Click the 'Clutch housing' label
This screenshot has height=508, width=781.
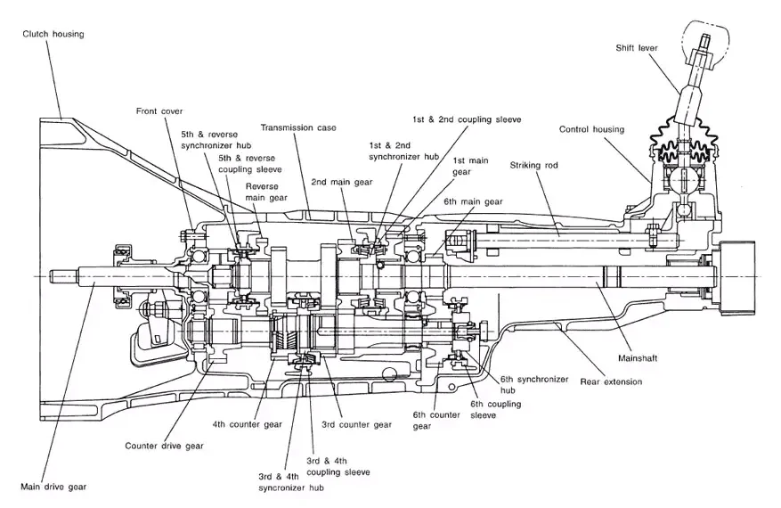point(53,35)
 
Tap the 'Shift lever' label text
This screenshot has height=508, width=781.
point(637,48)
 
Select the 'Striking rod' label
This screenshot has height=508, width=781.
point(533,165)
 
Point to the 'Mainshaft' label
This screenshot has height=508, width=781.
point(638,358)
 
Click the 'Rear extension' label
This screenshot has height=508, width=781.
point(611,381)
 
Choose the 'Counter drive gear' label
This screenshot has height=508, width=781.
point(165,446)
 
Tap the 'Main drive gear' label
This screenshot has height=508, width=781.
point(53,487)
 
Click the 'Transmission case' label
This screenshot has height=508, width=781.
point(298,127)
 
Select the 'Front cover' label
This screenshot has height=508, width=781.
point(159,111)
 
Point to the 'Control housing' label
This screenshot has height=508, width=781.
point(591,129)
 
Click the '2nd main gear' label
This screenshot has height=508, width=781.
point(342,182)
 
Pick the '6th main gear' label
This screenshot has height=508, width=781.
point(473,201)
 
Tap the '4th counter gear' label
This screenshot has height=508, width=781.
point(247,425)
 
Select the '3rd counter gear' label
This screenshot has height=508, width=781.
point(356,425)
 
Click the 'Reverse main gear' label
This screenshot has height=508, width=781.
point(266,192)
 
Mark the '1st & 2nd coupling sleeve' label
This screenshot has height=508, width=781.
point(467,119)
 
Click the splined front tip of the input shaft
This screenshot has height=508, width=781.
point(65,274)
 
